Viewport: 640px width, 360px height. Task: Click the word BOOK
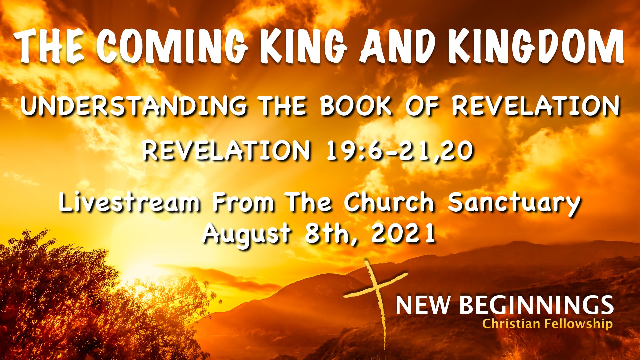pyautogui.click(x=356, y=106)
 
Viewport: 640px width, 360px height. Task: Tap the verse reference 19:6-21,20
pyautogui.click(x=399, y=151)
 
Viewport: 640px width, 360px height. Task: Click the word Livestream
pyautogui.click(x=130, y=202)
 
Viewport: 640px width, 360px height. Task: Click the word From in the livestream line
pyautogui.click(x=243, y=202)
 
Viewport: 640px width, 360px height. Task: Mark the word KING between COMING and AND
pyautogui.click(x=304, y=46)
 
